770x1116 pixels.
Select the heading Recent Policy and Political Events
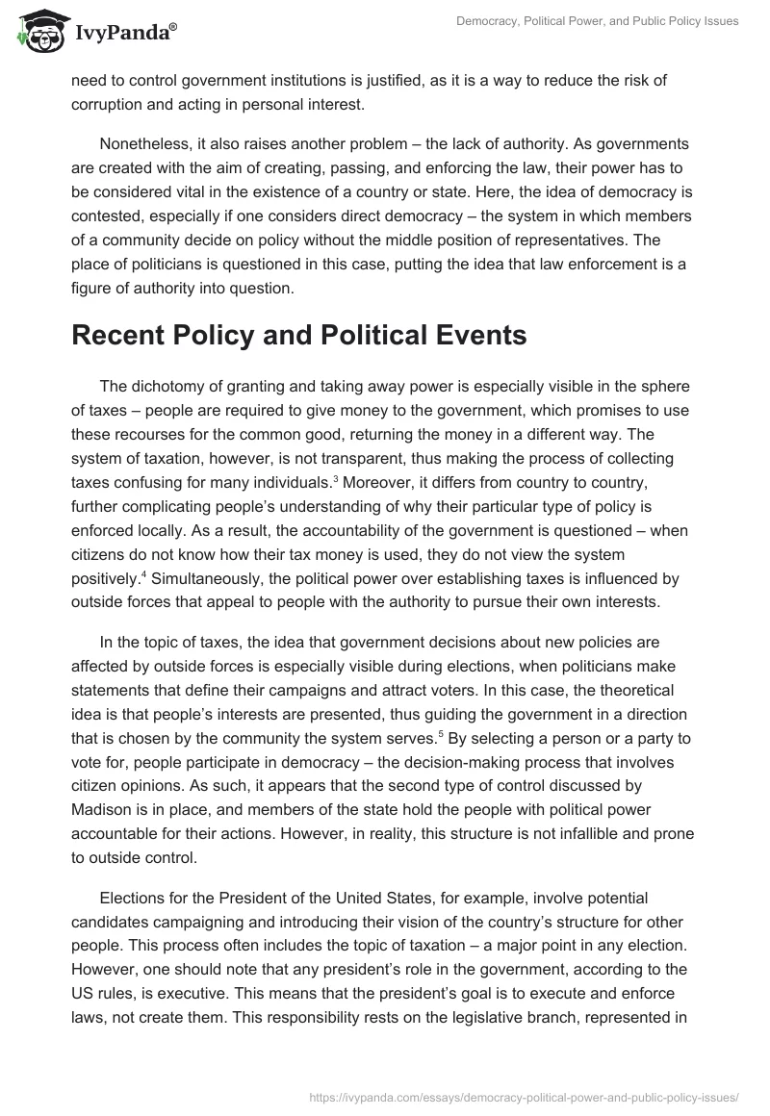point(299,337)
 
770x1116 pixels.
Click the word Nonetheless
point(145,144)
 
